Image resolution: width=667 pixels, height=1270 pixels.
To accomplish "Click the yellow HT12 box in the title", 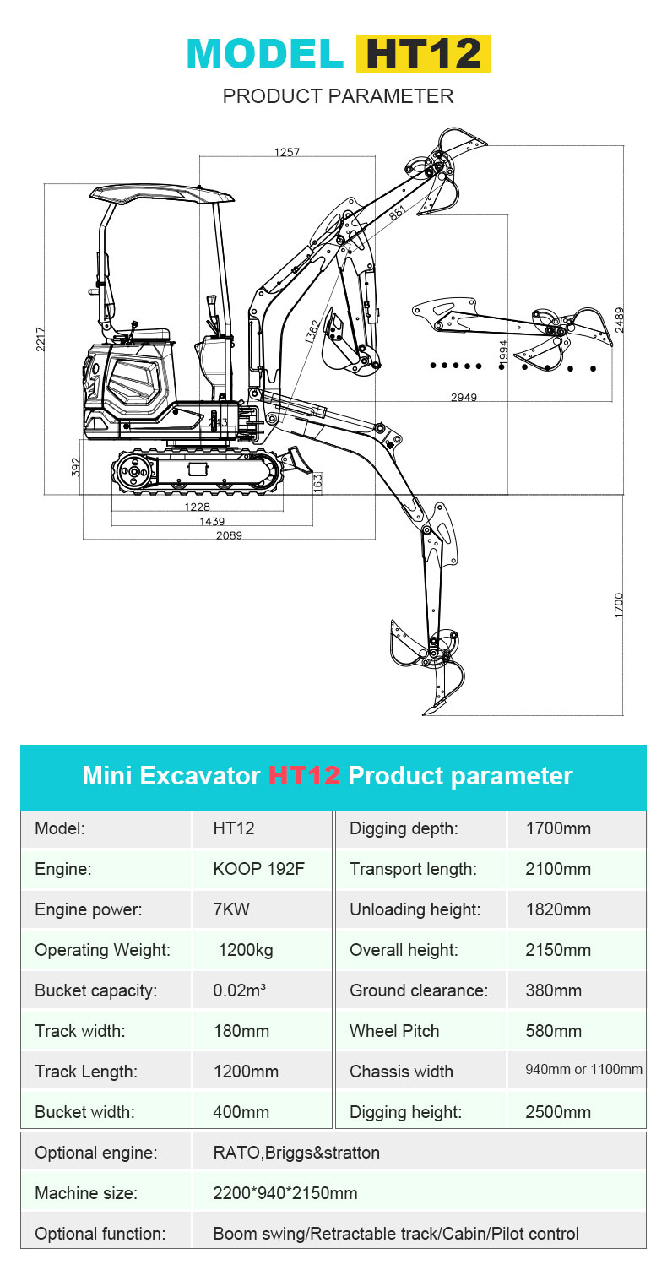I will coord(423,53).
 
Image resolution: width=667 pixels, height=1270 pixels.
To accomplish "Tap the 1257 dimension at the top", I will coord(287,152).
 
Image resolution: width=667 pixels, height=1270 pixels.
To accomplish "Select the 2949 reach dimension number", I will coord(463,397).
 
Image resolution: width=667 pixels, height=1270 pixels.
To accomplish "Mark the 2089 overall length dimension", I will coord(229,535).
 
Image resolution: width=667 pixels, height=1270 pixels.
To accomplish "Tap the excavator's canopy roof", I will coord(161,195).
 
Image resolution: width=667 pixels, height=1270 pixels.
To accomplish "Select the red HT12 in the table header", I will coord(304,775).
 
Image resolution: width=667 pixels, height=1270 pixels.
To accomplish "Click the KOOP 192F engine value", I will coord(258,869).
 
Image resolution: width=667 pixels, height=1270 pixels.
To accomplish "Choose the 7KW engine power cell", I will coord(231,909).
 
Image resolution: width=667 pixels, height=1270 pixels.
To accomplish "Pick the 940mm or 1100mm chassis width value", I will coord(583,1070).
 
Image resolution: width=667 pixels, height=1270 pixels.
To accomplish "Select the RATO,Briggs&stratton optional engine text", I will coord(296,1153).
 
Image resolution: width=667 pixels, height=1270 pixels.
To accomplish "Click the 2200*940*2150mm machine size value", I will coord(285,1193).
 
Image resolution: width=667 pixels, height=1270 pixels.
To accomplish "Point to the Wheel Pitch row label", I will coord(394,1031).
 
